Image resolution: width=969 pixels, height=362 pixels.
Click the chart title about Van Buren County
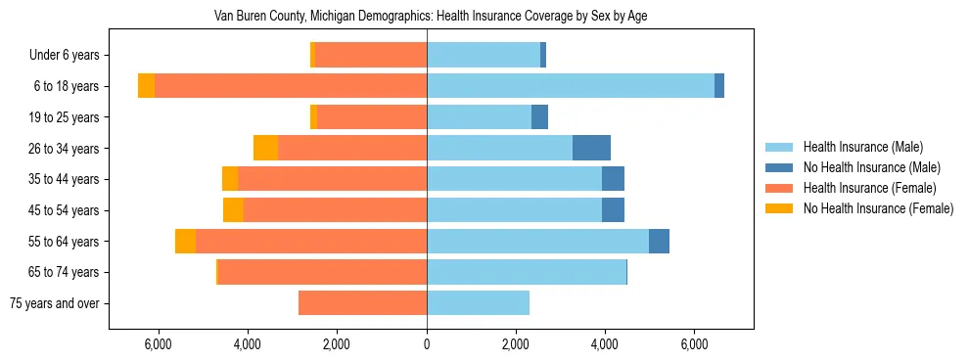[430, 17]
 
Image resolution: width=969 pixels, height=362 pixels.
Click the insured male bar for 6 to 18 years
[571, 86]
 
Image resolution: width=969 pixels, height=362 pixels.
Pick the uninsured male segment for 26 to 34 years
[591, 149]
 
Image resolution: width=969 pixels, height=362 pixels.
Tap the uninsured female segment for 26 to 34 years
[265, 149]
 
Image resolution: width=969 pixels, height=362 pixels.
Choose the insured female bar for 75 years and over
[362, 303]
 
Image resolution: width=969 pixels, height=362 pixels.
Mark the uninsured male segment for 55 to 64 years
[659, 242]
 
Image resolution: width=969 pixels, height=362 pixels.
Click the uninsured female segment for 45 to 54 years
[233, 210]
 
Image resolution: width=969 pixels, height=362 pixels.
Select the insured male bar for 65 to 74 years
[526, 272]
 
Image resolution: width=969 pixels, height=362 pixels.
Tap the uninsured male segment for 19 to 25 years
[539, 117]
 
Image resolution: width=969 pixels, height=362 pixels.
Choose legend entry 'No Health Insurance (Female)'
[877, 208]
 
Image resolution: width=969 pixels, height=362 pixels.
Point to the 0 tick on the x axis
[427, 344]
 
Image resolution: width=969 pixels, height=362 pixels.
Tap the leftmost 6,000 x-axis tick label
[159, 344]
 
